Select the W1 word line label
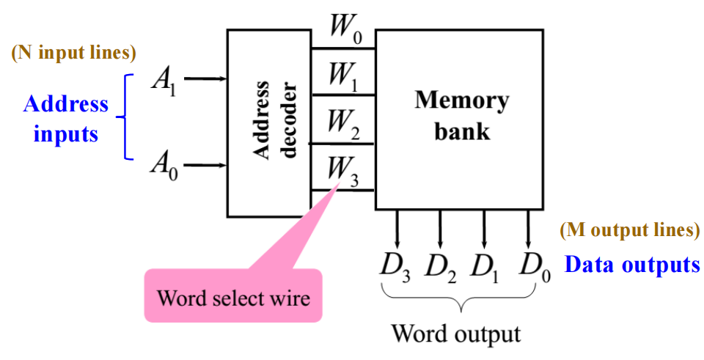(x=342, y=76)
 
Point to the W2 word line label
(x=342, y=123)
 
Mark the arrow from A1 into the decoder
(x=205, y=78)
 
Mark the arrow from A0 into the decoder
(x=205, y=164)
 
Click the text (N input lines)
(x=74, y=54)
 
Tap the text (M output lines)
(x=629, y=230)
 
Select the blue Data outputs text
(x=631, y=264)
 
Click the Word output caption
(x=455, y=334)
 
